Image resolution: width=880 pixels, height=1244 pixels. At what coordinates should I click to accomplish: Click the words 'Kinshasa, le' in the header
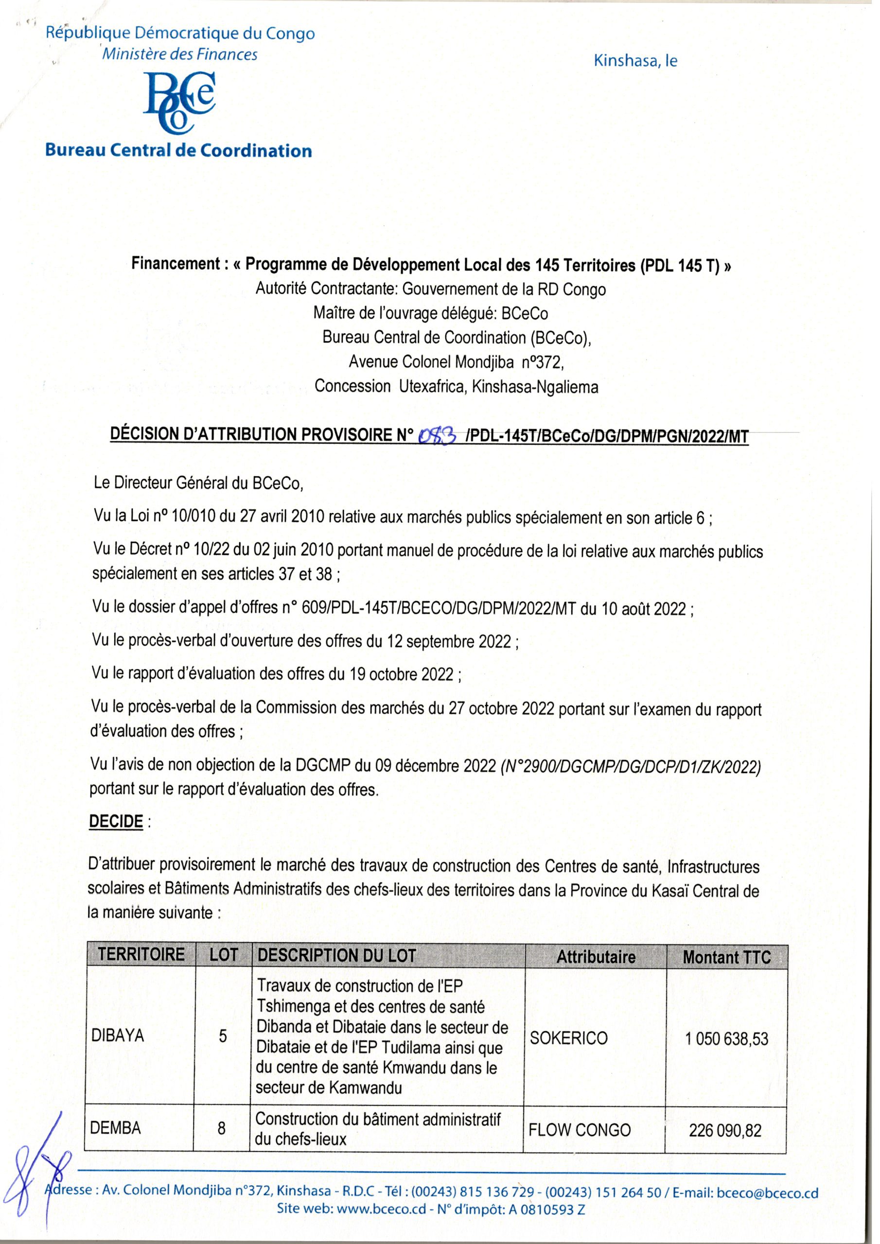coord(635,61)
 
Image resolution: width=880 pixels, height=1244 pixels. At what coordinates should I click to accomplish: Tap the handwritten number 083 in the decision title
coord(437,434)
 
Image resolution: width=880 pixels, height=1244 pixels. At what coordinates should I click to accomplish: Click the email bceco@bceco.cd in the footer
coord(767,1208)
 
